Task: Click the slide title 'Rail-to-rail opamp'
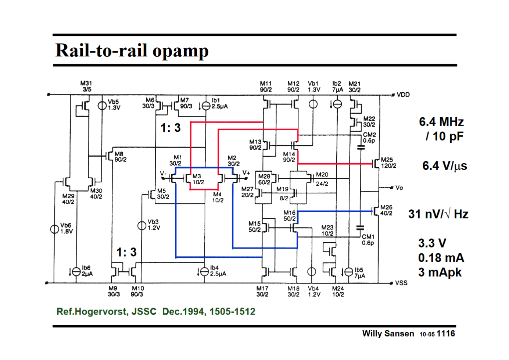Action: point(132,51)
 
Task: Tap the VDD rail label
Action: point(403,95)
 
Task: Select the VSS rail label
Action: point(401,283)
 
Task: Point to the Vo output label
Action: point(399,188)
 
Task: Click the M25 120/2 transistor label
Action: point(388,163)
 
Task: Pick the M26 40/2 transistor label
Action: point(386,210)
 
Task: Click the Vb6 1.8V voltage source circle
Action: point(54,229)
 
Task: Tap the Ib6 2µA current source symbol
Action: point(76,271)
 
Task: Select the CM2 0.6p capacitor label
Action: point(369,138)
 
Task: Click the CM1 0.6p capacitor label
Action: point(368,240)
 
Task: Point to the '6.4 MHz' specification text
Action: point(441,122)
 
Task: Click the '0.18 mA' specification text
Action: point(441,258)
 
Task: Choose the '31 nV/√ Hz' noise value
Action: point(438,214)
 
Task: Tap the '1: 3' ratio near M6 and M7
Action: point(171,128)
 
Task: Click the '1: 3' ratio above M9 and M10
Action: point(126,252)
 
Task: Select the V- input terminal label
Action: point(163,174)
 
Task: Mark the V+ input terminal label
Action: point(246,172)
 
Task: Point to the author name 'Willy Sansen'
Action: point(388,334)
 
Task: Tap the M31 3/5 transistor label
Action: point(86,86)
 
